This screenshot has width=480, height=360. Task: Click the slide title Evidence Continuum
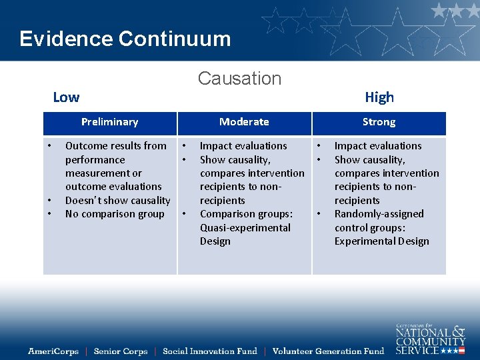pos(125,39)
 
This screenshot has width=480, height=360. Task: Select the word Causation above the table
pos(239,79)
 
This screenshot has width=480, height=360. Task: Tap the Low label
pos(66,97)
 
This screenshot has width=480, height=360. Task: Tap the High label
pos(379,97)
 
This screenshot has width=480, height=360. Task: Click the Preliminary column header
pos(109,122)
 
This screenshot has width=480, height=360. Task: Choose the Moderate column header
pos(244,122)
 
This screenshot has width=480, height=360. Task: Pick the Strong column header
pos(379,122)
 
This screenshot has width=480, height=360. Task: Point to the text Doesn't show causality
pos(117,201)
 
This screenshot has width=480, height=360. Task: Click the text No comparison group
pos(115,214)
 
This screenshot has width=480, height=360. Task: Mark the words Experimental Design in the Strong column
pos(381,241)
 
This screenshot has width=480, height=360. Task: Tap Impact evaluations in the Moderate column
pos(243,146)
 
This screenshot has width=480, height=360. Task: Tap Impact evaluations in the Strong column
pos(378,146)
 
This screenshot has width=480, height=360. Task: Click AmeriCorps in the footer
pos(53,351)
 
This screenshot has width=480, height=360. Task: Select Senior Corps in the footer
pos(120,351)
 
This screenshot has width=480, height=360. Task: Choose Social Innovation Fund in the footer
pos(209,351)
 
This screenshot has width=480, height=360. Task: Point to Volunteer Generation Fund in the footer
pos(328,351)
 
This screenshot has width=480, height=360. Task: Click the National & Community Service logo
pos(430,338)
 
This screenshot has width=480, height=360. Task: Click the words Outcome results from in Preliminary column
pos(115,146)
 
